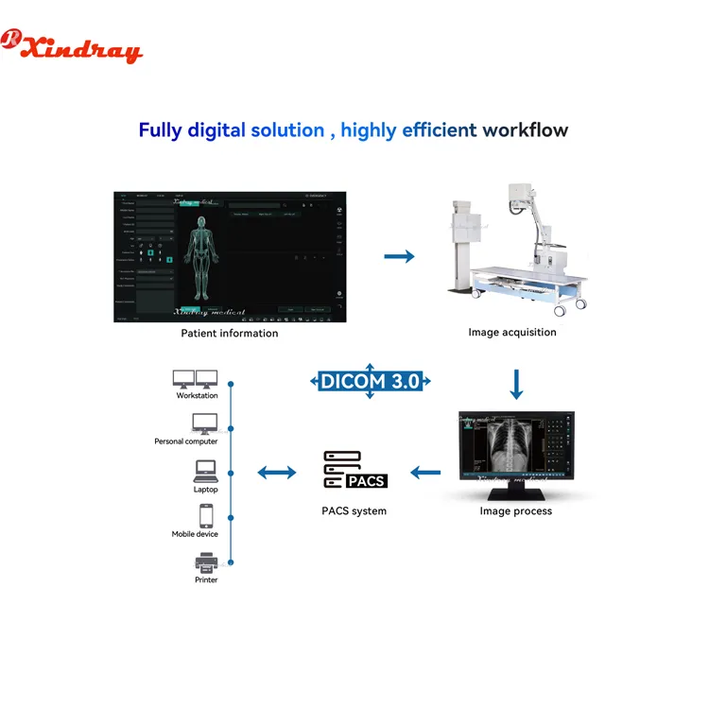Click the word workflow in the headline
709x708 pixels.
[x=526, y=130]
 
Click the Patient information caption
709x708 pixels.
[x=230, y=333]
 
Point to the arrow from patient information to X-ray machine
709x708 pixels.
[x=401, y=256]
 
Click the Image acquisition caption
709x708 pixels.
[x=512, y=332]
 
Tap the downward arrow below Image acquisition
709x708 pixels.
[x=515, y=384]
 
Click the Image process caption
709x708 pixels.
[x=515, y=511]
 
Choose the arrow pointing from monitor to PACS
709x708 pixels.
[x=425, y=471]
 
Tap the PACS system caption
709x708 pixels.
[x=354, y=511]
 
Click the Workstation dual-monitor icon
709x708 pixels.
[x=196, y=379]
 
